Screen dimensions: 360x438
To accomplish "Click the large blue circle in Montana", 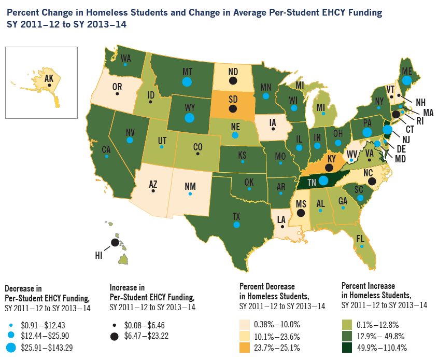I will click(187, 81).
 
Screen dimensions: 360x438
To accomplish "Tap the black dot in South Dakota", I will click(233, 108).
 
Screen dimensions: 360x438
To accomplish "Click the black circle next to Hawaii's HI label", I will click(114, 242).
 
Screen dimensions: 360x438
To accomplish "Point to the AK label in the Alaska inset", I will click(49, 78).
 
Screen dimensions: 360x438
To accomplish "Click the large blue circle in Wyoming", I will click(189, 117).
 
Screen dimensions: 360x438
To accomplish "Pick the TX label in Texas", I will click(236, 216).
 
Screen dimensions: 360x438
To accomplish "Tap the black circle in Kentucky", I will click(328, 167).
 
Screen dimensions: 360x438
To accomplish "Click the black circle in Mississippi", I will click(301, 212).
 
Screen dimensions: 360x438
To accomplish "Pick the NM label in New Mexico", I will click(190, 185).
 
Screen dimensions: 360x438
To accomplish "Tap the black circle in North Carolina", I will click(372, 181).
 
